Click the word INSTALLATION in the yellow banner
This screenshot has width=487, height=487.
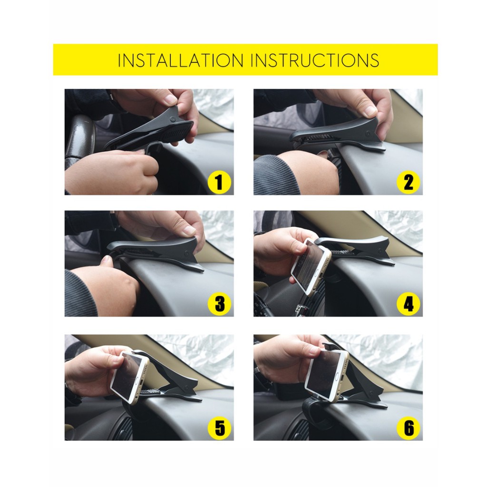point(181,60)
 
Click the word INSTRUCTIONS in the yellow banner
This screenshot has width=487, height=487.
point(314,60)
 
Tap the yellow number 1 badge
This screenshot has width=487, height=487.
point(219,182)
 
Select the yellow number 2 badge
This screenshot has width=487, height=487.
point(409,182)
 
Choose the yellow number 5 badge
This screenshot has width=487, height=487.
point(219,428)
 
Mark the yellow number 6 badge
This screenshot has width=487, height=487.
point(409,428)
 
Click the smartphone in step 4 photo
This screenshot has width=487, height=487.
point(310,266)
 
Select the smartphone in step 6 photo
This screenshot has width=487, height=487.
point(326,374)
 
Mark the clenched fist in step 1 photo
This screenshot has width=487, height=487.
point(112,171)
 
